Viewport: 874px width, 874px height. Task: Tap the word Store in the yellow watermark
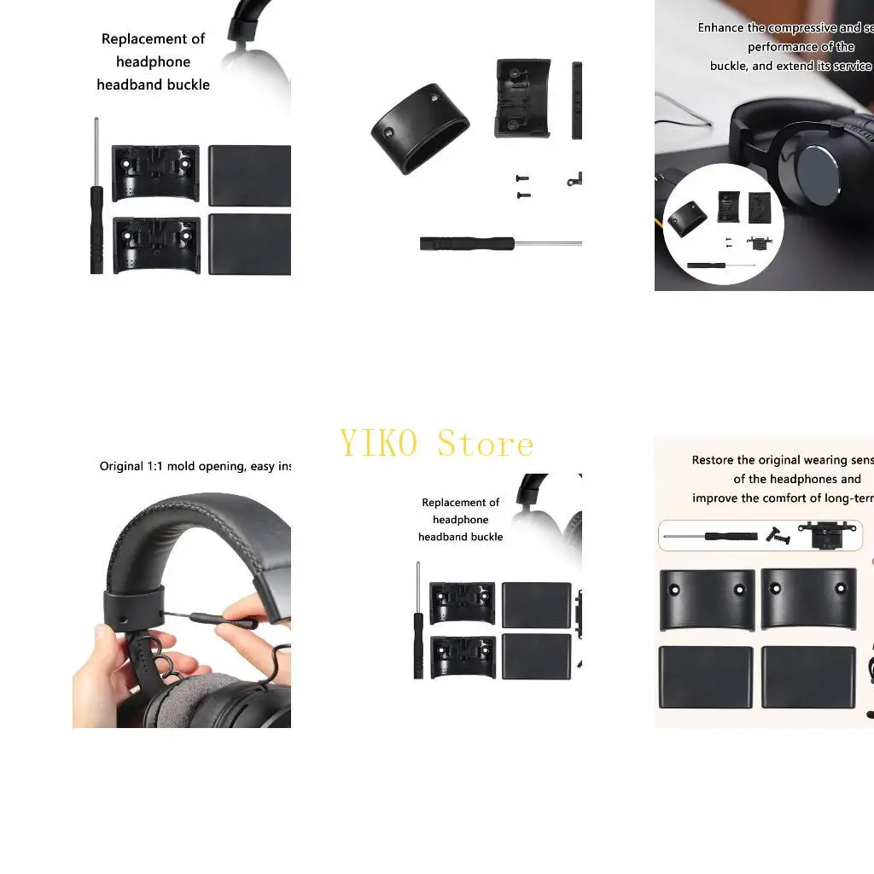click(486, 444)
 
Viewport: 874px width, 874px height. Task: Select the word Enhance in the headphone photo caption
click(720, 28)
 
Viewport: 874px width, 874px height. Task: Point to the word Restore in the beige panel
click(713, 460)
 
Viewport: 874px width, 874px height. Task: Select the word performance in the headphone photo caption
click(783, 47)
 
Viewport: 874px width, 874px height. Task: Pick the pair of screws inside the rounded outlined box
click(778, 535)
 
